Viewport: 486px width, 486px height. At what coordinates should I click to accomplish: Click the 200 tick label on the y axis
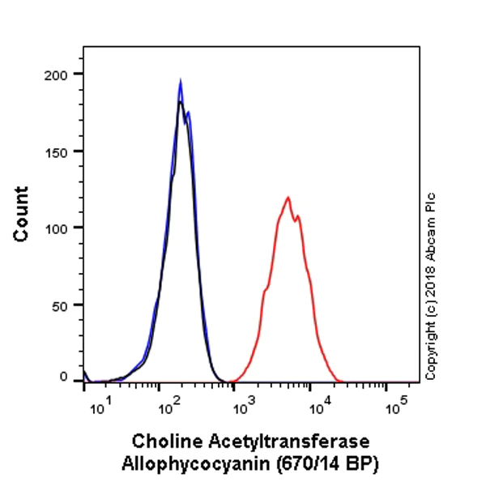(60, 74)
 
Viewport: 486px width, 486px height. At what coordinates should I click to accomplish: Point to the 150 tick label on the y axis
(60, 151)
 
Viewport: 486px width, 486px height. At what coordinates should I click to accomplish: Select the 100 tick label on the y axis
(60, 228)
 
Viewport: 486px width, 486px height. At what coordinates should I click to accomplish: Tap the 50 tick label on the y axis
(63, 305)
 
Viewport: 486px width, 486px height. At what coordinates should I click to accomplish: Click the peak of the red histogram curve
(288, 197)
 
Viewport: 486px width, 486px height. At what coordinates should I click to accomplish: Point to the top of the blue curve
(181, 80)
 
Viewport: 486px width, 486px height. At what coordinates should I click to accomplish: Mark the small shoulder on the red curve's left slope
(266, 288)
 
